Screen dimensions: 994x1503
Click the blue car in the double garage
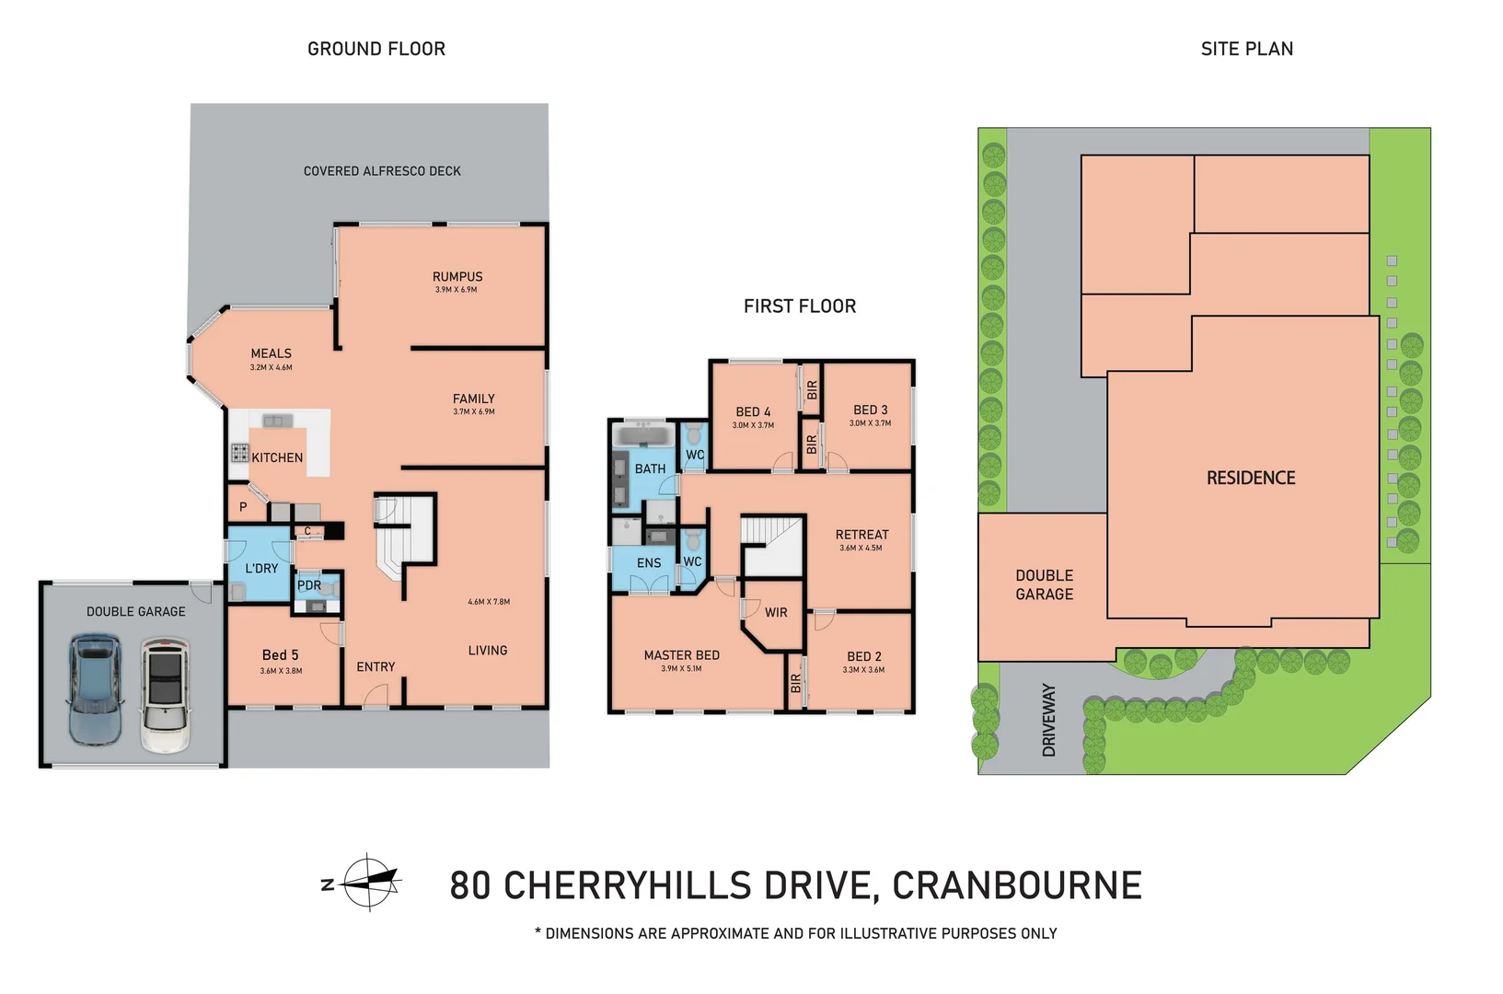click(x=94, y=690)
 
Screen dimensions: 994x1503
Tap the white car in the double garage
click(x=166, y=696)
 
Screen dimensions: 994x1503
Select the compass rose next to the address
click(x=370, y=883)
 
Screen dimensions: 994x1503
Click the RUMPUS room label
click(x=457, y=277)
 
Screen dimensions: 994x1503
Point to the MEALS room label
click(x=271, y=353)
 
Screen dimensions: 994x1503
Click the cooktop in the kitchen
click(x=240, y=453)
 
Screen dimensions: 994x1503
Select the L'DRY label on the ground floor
click(x=261, y=569)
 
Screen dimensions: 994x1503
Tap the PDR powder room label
click(x=309, y=585)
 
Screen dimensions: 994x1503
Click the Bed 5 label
click(x=280, y=655)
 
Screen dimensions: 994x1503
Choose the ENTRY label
click(x=376, y=667)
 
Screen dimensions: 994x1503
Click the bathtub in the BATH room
click(x=644, y=435)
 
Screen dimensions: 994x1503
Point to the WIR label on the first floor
click(x=776, y=613)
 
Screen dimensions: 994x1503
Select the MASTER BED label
click(x=681, y=655)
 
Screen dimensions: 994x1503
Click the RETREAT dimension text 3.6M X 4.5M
click(x=861, y=549)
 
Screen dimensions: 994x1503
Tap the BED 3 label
click(x=870, y=410)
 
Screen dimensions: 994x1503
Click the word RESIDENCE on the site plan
click(x=1251, y=478)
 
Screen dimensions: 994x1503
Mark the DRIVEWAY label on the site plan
click(x=1049, y=720)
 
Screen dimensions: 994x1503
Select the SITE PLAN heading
click(x=1246, y=49)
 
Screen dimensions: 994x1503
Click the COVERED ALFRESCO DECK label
click(x=382, y=171)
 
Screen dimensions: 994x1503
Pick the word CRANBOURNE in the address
click(x=1017, y=885)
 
